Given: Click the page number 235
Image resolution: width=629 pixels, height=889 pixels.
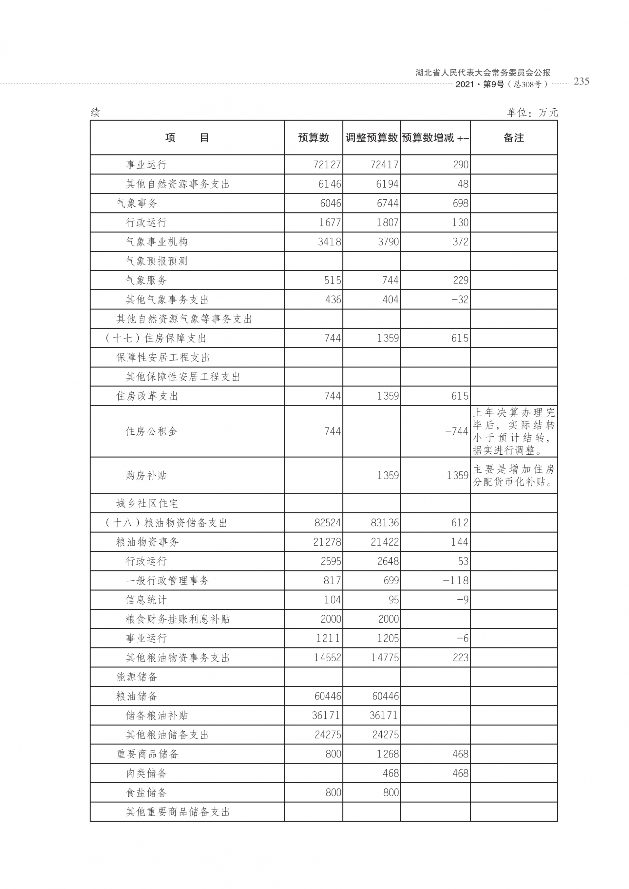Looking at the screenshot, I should pyautogui.click(x=581, y=81).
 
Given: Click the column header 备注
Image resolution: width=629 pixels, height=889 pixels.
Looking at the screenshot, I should pyautogui.click(x=513, y=137).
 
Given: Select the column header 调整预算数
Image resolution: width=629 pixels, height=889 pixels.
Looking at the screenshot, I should pyautogui.click(x=371, y=137).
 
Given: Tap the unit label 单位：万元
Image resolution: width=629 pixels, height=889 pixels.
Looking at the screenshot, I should pyautogui.click(x=532, y=112).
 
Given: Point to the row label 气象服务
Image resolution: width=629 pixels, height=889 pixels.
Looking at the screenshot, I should pyautogui.click(x=146, y=280).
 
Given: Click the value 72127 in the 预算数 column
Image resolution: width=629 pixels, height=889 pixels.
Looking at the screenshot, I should pyautogui.click(x=327, y=165).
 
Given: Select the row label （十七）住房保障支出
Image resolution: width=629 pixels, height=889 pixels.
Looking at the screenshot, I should pyautogui.click(x=155, y=338).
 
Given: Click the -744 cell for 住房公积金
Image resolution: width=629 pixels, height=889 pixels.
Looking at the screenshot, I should pyautogui.click(x=457, y=431).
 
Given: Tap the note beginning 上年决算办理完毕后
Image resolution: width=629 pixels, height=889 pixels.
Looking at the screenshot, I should pyautogui.click(x=513, y=431).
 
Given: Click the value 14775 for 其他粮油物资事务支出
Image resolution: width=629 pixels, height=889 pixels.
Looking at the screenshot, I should pyautogui.click(x=385, y=658).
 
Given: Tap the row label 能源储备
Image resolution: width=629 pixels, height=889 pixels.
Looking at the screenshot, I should pyautogui.click(x=137, y=677).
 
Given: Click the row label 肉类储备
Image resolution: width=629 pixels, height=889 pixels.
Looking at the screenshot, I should pyautogui.click(x=146, y=773).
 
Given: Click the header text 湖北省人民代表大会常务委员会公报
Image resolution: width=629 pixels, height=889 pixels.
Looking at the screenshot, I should pyautogui.click(x=483, y=72).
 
